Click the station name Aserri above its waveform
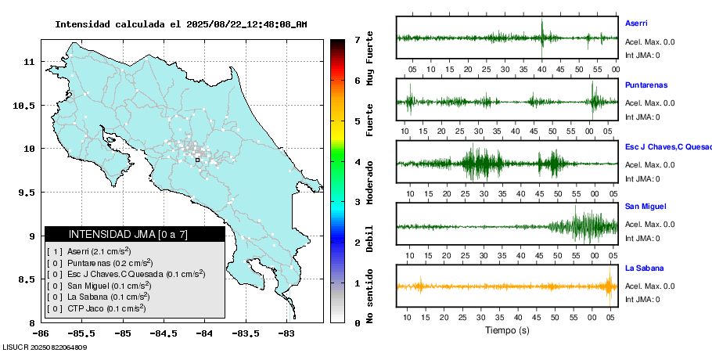pos(636,23)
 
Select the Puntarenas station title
pos(645,85)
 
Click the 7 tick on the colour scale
pos(357,39)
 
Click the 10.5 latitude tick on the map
pos(27,105)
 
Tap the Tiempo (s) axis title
pos(507,330)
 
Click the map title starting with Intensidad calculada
pos(181,24)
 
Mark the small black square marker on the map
pos(197,160)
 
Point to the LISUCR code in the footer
pos(44,347)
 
